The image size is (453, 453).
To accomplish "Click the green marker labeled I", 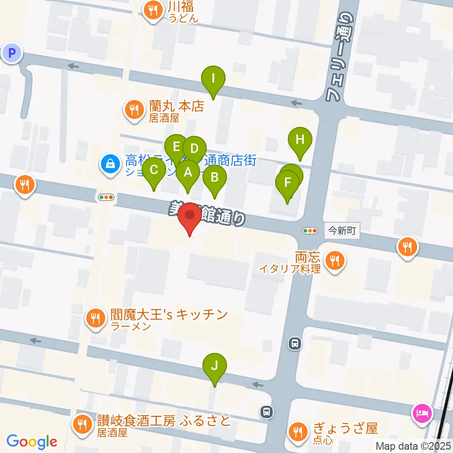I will (213, 78).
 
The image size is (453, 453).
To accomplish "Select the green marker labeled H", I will (300, 140).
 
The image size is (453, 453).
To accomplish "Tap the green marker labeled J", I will (215, 366).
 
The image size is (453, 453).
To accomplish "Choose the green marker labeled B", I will (215, 178).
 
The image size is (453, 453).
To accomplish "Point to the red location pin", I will (190, 217).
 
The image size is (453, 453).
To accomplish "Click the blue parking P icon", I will (12, 52).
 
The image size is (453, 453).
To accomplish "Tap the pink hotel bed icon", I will (422, 412).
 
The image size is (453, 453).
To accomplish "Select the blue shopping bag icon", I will (109, 165).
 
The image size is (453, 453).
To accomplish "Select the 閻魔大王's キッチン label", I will (169, 315).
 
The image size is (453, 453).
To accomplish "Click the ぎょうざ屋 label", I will (346, 429).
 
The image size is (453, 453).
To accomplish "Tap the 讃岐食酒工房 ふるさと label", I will (164, 420).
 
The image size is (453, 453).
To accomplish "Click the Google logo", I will (32, 442).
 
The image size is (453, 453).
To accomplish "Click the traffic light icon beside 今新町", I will (310, 231).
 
